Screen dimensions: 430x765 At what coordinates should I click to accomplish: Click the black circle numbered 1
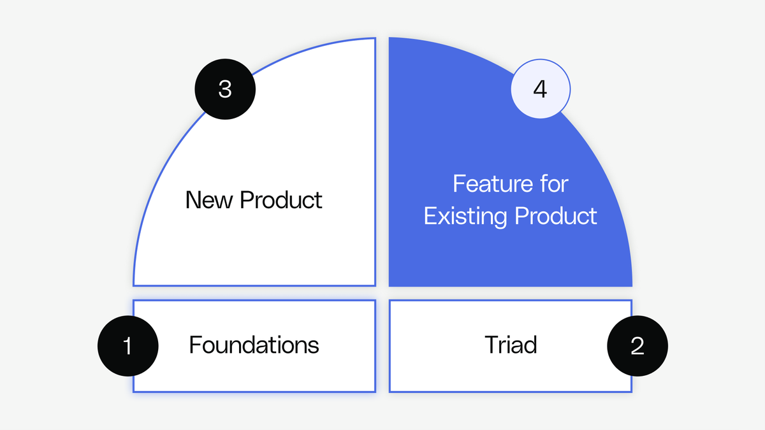coord(127,346)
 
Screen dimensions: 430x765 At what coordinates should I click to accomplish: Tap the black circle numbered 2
coord(637,346)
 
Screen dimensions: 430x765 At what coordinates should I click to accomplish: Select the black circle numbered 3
coord(224,89)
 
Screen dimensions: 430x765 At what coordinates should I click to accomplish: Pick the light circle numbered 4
coord(540,89)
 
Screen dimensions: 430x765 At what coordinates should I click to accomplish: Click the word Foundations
coord(254,345)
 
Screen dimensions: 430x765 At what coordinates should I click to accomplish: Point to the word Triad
coord(511,345)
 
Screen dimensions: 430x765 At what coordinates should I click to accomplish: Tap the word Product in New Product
coord(281,200)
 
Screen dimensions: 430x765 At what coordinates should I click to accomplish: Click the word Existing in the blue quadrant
coord(466,216)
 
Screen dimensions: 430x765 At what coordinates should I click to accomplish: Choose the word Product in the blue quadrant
coord(556,216)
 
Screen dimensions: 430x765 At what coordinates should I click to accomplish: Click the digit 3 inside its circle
coord(224,89)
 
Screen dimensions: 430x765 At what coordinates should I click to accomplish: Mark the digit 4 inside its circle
coord(540,89)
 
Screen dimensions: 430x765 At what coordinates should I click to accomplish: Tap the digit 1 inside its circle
coord(127,346)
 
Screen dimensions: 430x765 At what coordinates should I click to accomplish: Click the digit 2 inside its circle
coord(637,346)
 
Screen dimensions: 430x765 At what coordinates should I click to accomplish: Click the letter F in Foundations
coord(195,345)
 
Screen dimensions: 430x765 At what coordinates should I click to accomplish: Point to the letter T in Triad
coord(491,345)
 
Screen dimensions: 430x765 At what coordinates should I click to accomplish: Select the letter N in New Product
coord(193,200)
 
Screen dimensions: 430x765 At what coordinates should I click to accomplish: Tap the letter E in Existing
coord(430,216)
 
